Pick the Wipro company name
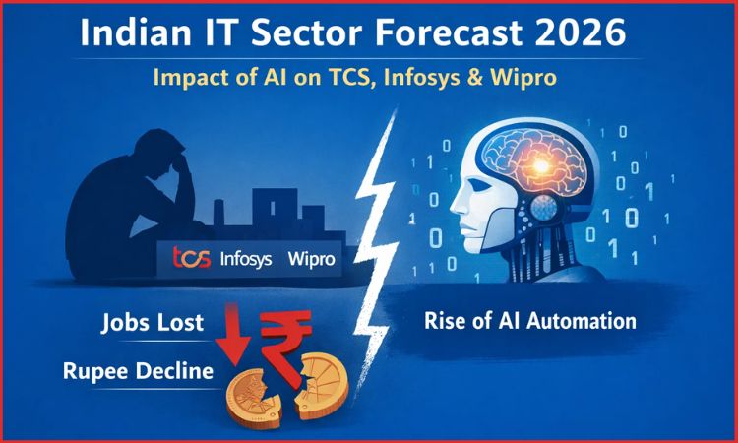coord(312,260)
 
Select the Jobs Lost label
coord(152,322)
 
